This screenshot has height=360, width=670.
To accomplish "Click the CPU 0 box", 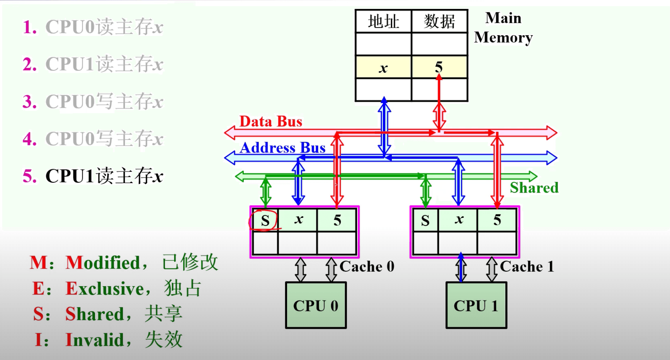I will click(316, 305).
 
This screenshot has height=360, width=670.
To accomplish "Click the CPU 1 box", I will click(476, 305).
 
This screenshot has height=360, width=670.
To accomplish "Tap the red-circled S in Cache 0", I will click(265, 221).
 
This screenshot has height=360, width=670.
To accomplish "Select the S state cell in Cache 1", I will click(425, 221).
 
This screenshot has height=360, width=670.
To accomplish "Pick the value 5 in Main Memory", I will click(439, 67).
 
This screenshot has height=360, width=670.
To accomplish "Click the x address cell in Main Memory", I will click(383, 68).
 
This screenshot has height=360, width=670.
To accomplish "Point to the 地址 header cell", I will click(383, 22).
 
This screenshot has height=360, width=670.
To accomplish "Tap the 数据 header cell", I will click(439, 22).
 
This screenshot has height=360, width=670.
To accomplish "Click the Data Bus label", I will click(270, 122).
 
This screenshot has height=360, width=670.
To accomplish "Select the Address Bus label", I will click(282, 148).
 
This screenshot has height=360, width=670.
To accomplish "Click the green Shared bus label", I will click(534, 188).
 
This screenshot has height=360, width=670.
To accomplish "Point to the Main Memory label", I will click(503, 28).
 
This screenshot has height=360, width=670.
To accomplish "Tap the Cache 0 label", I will click(367, 267).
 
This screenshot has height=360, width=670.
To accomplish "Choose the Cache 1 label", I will click(527, 267).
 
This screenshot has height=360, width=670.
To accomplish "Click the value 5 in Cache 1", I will click(497, 220).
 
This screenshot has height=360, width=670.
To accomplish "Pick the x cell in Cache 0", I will click(298, 220).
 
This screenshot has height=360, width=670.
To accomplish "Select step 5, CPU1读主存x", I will click(93, 176).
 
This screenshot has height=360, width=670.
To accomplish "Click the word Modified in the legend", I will click(103, 263).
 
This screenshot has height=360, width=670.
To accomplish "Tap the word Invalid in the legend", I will click(95, 340).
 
